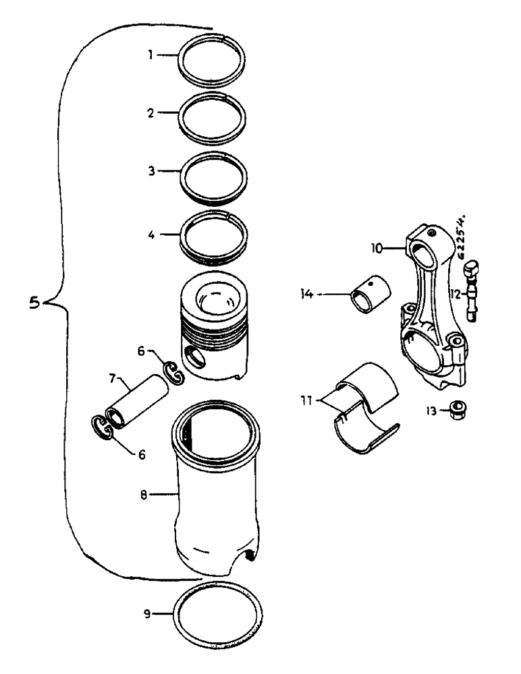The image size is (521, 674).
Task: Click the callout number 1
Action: pyautogui.click(x=153, y=53)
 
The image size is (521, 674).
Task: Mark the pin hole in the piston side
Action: pyautogui.click(x=194, y=359)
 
